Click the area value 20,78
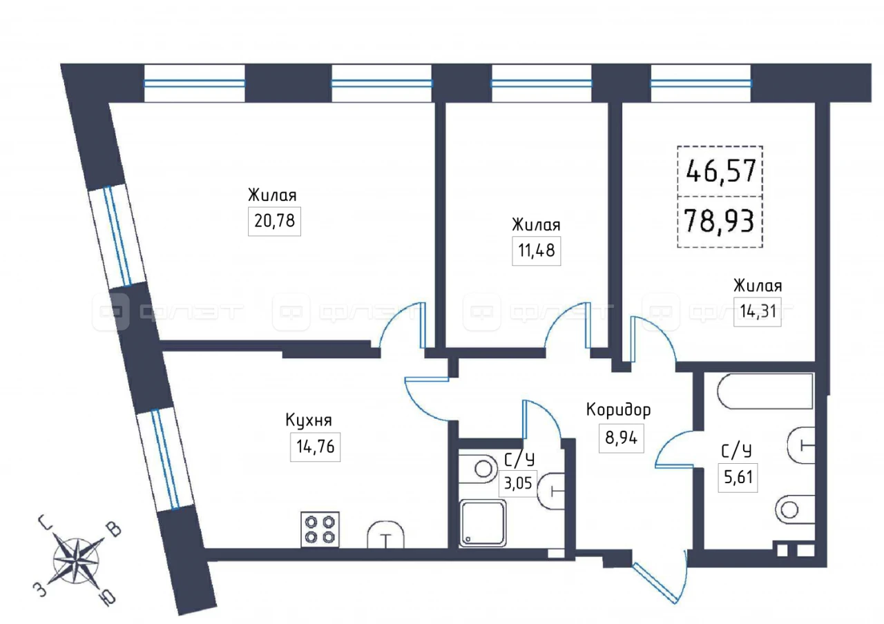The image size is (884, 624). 274,221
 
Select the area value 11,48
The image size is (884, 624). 537,251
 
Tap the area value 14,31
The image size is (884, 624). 758,311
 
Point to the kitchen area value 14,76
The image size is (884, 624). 316,447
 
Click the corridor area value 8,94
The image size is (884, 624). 621,438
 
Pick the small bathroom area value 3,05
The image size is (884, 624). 518,482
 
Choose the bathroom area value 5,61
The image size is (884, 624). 738,477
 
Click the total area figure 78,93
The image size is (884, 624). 719,222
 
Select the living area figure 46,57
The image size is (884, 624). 720,170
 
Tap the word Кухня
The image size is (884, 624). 309,420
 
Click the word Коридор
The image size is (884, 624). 618,410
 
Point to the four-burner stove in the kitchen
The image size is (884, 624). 320,529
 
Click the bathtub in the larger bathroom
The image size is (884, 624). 765,391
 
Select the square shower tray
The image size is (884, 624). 483,523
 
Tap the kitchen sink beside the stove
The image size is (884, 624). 386,534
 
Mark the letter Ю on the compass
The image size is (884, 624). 108,598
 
